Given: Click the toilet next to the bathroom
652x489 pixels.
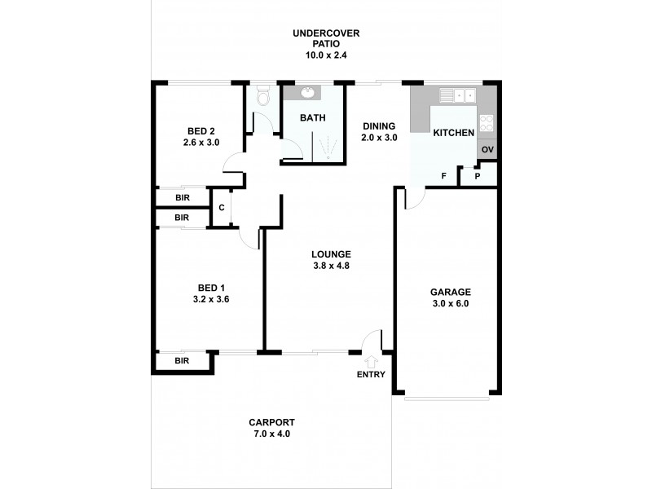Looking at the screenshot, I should [x=262, y=98].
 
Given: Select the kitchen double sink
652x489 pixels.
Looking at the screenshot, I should [x=458, y=95].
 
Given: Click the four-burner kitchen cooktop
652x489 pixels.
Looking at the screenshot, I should [x=487, y=123].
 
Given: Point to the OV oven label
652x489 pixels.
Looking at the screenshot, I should [x=487, y=150].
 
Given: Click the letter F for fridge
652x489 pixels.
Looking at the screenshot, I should [x=444, y=176].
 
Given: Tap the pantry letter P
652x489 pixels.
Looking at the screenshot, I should [x=478, y=176].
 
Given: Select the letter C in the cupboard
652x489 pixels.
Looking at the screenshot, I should [x=221, y=208].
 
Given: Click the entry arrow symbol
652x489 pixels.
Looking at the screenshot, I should [x=373, y=360].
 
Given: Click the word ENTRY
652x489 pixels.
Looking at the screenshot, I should [x=372, y=375].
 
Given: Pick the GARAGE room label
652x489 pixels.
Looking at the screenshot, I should [x=451, y=292].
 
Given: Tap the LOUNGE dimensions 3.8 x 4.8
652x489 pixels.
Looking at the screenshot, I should [x=330, y=266].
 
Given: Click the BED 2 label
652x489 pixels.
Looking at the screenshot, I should [x=200, y=131].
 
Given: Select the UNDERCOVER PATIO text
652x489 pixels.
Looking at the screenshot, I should [x=326, y=38].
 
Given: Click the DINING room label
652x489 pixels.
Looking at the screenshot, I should [x=379, y=126].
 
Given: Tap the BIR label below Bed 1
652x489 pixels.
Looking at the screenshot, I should [x=182, y=360].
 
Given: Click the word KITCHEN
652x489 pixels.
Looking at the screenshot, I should [x=453, y=133].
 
